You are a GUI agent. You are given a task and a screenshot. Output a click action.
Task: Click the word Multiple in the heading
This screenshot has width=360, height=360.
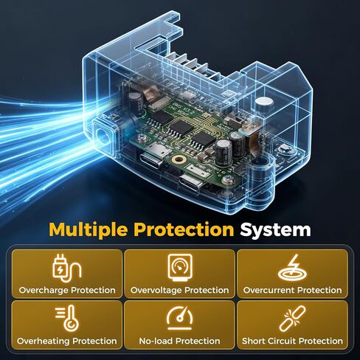click(89, 230)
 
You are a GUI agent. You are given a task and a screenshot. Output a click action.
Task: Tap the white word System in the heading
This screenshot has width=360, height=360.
click(276, 230)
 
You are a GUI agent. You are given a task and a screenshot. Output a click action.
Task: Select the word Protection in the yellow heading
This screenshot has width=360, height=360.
click(184, 229)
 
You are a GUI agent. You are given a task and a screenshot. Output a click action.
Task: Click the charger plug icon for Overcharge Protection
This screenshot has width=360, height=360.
click(67, 268)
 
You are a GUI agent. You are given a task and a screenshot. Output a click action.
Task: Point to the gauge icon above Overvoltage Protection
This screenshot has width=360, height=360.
click(180, 268)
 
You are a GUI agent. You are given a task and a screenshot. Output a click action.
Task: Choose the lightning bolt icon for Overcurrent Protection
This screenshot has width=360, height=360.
click(292, 268)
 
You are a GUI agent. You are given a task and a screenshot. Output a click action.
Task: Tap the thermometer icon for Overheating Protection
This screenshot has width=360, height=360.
click(67, 318)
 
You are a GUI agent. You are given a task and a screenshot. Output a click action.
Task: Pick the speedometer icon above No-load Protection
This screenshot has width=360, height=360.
click(180, 318)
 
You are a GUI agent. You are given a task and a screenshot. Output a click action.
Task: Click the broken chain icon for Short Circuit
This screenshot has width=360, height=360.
click(292, 319)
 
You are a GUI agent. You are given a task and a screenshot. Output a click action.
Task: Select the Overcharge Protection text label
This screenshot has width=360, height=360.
click(67, 290)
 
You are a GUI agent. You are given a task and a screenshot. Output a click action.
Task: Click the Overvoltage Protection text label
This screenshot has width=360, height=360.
click(180, 290)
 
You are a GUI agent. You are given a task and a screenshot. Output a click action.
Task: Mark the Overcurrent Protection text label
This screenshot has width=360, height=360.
click(292, 290)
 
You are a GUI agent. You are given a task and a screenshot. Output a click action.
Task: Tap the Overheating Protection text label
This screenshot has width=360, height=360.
click(67, 341)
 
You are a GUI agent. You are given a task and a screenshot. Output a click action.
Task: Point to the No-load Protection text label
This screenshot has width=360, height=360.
click(179, 341)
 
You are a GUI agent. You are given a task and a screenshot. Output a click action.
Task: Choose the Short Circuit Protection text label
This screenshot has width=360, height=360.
click(292, 341)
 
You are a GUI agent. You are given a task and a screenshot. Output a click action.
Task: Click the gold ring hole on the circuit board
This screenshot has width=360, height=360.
click(179, 160)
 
